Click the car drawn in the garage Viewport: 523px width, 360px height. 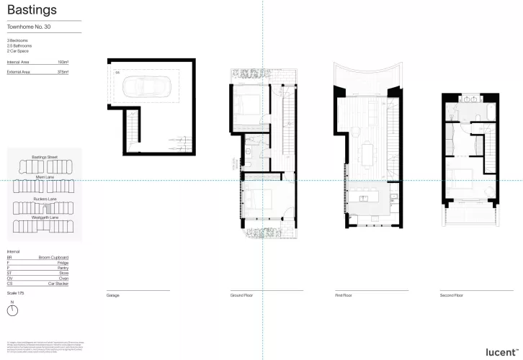pos(147,86)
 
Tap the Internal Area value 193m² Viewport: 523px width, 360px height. pos(63,63)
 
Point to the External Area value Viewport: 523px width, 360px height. pos(63,72)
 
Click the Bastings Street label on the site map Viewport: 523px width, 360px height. pos(45,156)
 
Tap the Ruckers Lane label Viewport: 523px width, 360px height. pos(45,198)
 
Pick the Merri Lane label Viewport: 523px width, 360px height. pos(45,176)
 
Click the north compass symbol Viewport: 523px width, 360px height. pos(12,310)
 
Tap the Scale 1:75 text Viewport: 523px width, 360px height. pos(14,293)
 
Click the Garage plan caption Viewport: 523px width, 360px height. pos(113,295)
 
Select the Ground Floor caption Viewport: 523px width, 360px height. pos(240,295)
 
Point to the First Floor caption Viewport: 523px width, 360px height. pos(343,295)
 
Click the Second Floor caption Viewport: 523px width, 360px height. pos(452,295)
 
